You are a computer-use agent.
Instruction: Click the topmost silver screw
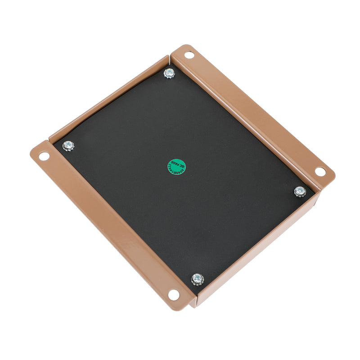pyautogui.click(x=169, y=73)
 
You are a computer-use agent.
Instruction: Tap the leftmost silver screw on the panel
pyautogui.click(x=68, y=146)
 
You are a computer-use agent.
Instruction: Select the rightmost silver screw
pyautogui.click(x=300, y=191)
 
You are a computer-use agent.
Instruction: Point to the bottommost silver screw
pyautogui.click(x=197, y=279)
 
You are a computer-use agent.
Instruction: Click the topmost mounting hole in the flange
pyautogui.click(x=189, y=55)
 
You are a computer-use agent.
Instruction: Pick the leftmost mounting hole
pyautogui.click(x=44, y=156)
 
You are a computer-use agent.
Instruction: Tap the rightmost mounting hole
pyautogui.click(x=319, y=171)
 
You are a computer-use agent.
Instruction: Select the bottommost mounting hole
pyautogui.click(x=174, y=295)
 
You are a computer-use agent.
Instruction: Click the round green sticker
pyautogui.click(x=177, y=167)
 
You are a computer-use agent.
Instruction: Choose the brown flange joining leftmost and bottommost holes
pyautogui.click(x=108, y=225)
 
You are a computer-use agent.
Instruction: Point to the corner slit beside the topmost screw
pyautogui.click(x=170, y=58)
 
